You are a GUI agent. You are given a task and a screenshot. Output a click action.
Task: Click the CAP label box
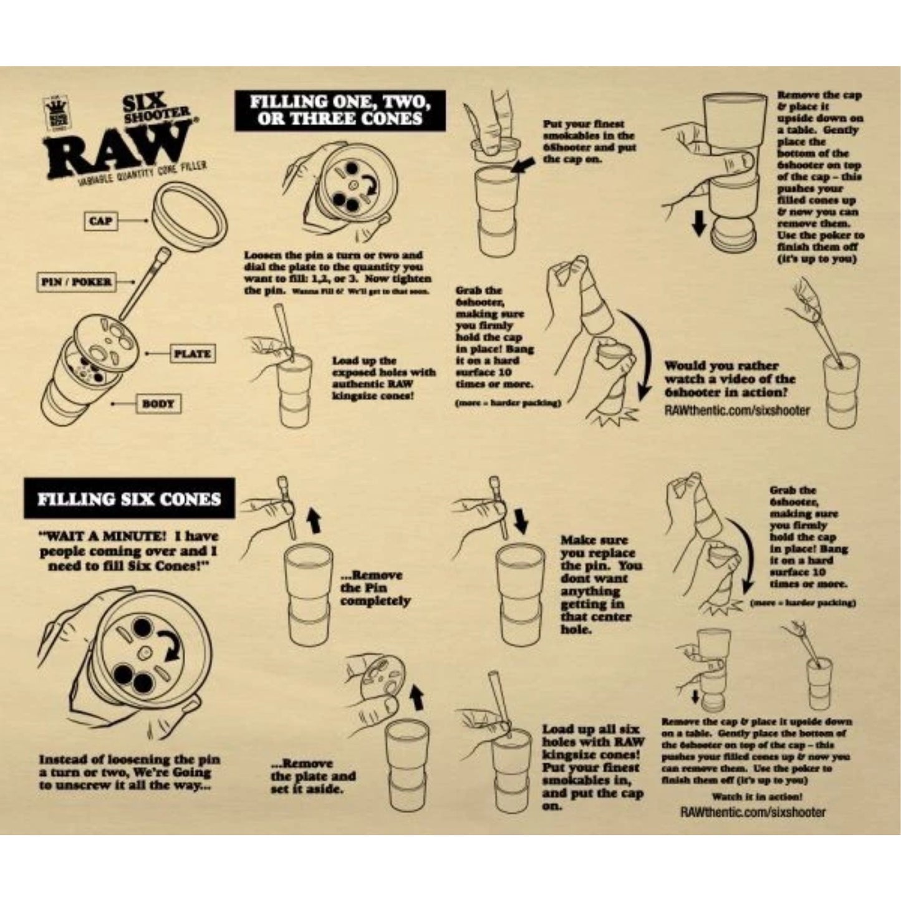(x=102, y=221)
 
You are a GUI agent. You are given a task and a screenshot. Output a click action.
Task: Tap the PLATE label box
(x=192, y=354)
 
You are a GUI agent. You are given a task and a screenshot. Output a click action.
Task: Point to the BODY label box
(x=158, y=403)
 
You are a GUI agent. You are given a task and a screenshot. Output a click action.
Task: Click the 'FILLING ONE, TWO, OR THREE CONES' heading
(x=340, y=110)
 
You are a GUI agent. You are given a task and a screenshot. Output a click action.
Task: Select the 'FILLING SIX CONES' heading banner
(x=129, y=499)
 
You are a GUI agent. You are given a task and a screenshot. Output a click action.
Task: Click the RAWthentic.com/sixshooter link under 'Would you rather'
(x=737, y=410)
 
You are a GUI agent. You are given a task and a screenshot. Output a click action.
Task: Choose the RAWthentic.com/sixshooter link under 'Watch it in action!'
(x=753, y=812)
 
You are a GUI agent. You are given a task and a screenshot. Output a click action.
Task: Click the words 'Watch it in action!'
(x=756, y=796)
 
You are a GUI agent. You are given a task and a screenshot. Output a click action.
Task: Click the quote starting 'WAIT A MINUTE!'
(x=129, y=551)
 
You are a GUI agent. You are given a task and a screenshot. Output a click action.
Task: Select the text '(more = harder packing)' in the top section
(x=508, y=403)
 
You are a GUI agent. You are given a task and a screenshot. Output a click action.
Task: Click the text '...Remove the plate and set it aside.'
(x=313, y=776)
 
